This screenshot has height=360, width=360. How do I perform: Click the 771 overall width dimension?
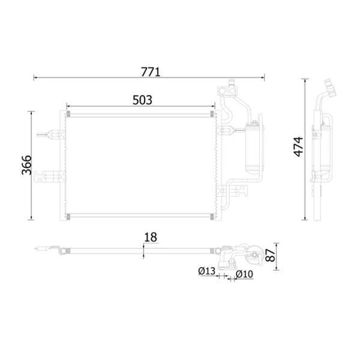pyautogui.click(x=151, y=72)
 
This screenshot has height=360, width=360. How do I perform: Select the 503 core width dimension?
pyautogui.click(x=142, y=100)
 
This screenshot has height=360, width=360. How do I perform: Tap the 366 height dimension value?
pyautogui.click(x=26, y=165)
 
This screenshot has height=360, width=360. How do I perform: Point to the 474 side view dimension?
pyautogui.click(x=299, y=147)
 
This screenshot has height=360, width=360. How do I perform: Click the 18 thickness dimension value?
pyautogui.click(x=151, y=237)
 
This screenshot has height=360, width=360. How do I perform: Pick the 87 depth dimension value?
pyautogui.click(x=270, y=256)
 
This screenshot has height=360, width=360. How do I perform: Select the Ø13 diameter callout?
pyautogui.click(x=207, y=271)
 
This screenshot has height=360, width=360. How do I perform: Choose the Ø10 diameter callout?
pyautogui.click(x=244, y=274)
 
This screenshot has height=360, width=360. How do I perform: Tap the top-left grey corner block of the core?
pyautogui.click(x=68, y=114)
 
